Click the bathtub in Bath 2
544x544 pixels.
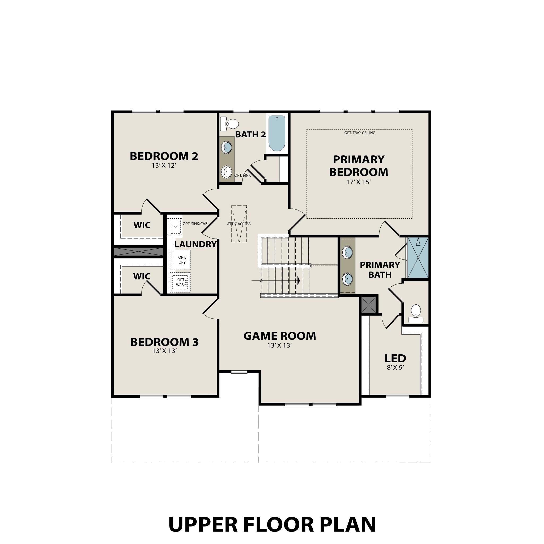(277, 133)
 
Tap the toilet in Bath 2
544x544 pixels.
(230, 124)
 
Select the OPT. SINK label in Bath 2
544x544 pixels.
(243, 175)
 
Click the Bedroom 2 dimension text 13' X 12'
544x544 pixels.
(164, 165)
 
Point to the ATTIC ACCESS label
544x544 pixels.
(239, 224)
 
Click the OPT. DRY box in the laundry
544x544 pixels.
(182, 260)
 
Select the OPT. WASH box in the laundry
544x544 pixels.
(181, 282)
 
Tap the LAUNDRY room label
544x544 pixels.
(195, 244)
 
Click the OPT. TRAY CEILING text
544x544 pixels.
(360, 133)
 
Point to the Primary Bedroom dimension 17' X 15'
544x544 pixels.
(358, 182)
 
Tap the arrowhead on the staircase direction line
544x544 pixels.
(298, 281)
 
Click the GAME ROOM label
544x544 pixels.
(280, 336)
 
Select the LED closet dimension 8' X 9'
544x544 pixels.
(395, 367)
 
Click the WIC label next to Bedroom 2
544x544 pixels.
(142, 225)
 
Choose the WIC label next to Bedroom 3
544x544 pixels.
(142, 277)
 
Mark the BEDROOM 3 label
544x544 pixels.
(164, 342)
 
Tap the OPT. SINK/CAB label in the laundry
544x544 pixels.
(195, 224)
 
